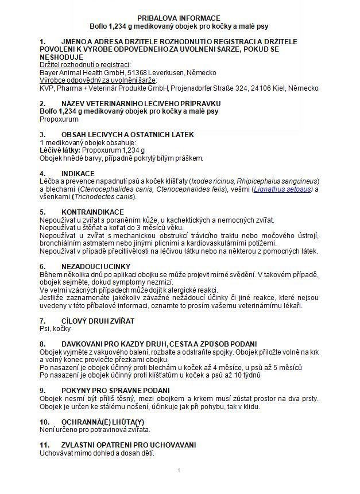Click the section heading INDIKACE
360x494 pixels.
pyautogui.click(x=78, y=173)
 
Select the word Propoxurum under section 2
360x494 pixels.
pyautogui.click(x=60, y=119)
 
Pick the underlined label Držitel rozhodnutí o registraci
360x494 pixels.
pyautogui.click(x=85, y=65)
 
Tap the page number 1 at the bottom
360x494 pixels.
pyautogui.click(x=179, y=471)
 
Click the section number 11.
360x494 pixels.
pyautogui.click(x=44, y=445)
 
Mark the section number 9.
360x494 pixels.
pyautogui.click(x=42, y=390)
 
